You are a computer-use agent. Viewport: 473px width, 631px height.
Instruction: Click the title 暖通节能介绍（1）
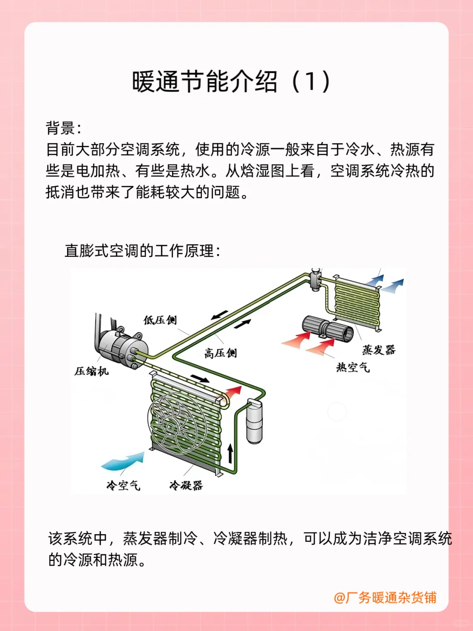231,82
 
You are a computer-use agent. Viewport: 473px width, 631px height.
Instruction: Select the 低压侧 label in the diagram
160,320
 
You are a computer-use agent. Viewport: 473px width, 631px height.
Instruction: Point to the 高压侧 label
220,353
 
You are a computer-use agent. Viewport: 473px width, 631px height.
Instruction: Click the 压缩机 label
91,372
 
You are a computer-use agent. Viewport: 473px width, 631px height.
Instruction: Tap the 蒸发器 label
378,350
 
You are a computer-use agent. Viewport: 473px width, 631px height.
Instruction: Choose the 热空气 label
353,367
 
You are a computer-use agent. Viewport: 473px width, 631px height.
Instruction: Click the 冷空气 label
123,486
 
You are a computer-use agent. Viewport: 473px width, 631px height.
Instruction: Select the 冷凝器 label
186,486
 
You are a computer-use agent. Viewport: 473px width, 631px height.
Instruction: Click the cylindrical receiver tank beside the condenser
254,421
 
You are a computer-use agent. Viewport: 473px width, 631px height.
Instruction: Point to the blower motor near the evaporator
328,329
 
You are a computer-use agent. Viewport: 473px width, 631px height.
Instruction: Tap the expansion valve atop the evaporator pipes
315,280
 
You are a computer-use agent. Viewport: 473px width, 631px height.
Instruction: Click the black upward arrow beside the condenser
230,454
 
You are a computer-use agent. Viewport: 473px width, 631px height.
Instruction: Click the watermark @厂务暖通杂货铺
385,598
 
